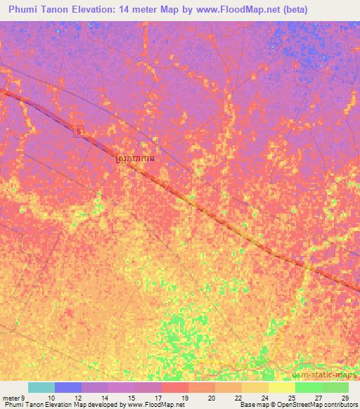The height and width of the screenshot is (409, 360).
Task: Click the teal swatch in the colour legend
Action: click(x=41, y=387)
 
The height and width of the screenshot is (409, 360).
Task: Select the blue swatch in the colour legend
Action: click(x=68, y=387)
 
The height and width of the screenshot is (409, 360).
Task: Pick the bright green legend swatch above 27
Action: click(x=309, y=387)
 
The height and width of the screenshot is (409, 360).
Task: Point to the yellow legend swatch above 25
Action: click(x=282, y=387)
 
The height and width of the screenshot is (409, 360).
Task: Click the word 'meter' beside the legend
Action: click(x=13, y=398)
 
